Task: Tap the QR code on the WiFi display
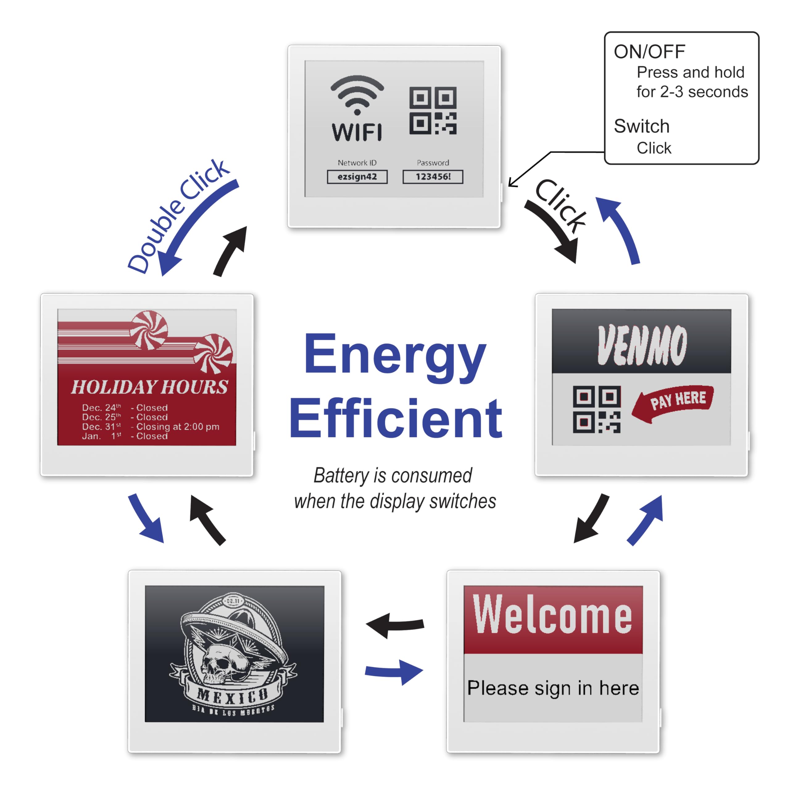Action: click(433, 110)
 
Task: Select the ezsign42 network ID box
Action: click(357, 177)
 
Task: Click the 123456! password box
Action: click(433, 177)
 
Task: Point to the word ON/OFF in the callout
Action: click(649, 52)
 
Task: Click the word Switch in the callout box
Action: click(642, 126)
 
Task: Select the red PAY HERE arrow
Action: click(673, 402)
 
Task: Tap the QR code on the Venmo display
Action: click(597, 409)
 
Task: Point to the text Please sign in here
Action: click(553, 688)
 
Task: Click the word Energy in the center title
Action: click(395, 355)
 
